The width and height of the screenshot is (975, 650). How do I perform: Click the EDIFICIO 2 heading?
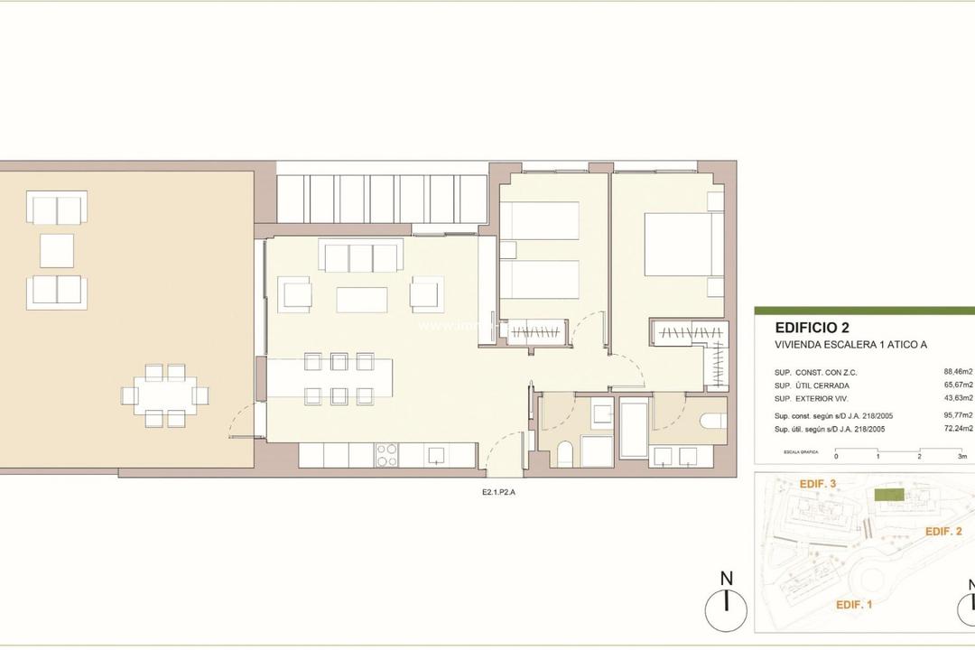pyautogui.click(x=812, y=329)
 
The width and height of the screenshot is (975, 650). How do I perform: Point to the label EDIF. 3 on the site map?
pyautogui.click(x=819, y=485)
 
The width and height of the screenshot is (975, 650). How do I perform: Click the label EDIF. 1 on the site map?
pyautogui.click(x=853, y=604)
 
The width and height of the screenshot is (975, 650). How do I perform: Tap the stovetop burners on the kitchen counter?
pyautogui.click(x=386, y=454)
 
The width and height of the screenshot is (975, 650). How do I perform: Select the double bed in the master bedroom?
pyautogui.click(x=682, y=245)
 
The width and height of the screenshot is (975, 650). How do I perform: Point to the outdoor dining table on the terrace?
pyautogui.click(x=165, y=395)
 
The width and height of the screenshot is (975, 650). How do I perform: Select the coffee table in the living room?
pyautogui.click(x=362, y=299)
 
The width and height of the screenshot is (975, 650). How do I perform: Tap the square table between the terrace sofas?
pyautogui.click(x=57, y=250)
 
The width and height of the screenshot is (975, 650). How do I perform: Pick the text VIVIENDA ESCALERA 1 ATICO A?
pyautogui.click(x=850, y=345)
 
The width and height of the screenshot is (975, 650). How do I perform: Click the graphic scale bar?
pyautogui.click(x=903, y=449)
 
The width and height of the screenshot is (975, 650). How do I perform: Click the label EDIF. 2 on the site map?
pyautogui.click(x=943, y=532)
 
